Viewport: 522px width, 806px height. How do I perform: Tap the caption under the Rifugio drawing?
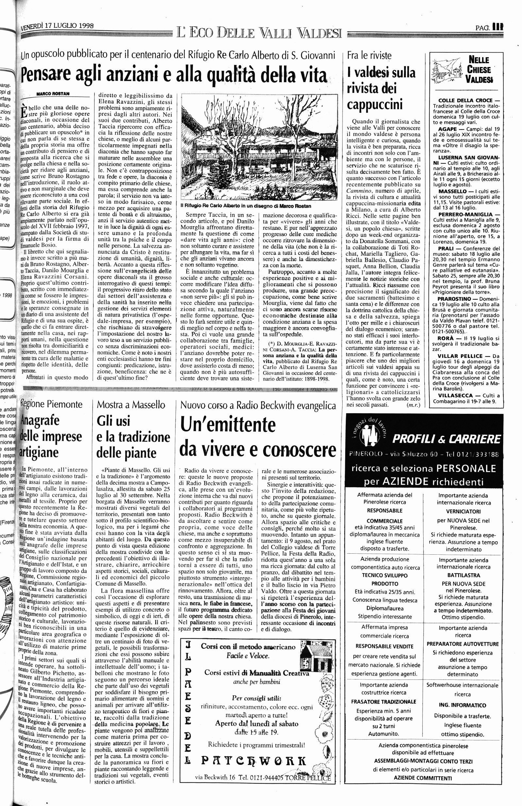coord(245,206)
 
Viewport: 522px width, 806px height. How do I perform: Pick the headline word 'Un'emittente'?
coord(228,424)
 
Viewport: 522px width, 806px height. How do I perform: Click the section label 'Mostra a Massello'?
coord(131,405)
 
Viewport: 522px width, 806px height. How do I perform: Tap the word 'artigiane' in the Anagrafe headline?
coord(40,452)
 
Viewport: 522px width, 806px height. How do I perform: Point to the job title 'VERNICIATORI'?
coord(463,512)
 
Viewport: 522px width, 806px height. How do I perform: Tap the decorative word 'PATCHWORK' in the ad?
coord(254,761)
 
